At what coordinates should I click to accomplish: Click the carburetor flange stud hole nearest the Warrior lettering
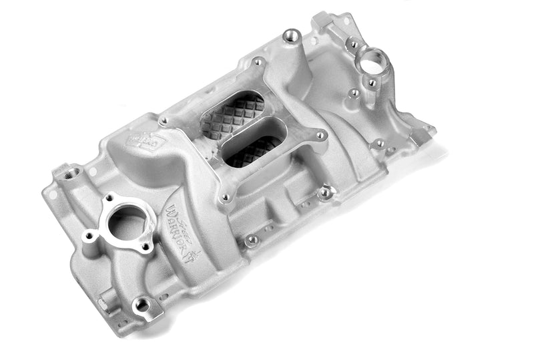coord(226,198)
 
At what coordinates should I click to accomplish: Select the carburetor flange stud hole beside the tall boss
coord(258,63)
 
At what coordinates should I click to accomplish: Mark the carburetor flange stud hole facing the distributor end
coord(320,136)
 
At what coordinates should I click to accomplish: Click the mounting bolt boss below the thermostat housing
coord(141,305)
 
